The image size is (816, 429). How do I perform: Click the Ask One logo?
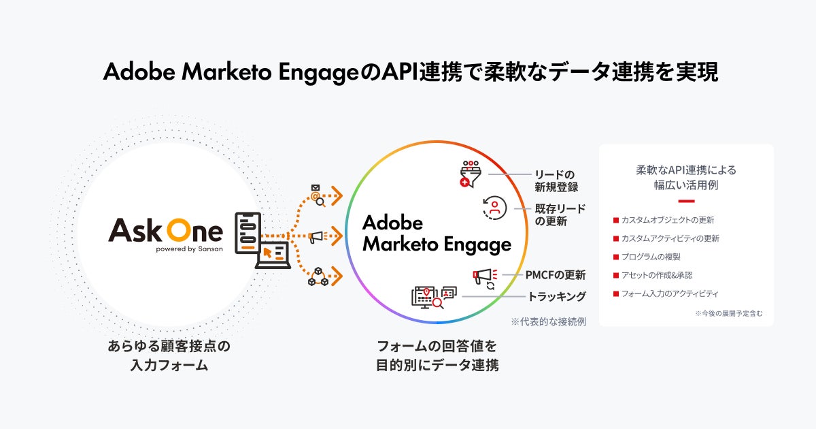165,232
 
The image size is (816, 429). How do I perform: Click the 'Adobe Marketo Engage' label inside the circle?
436,234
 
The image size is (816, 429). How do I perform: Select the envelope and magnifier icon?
316,195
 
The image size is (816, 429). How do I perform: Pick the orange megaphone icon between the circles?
316,237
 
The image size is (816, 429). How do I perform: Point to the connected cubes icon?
316,276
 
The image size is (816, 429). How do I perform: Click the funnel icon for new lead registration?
471,174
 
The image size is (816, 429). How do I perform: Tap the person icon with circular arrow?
495,208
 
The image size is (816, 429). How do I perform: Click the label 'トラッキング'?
557,297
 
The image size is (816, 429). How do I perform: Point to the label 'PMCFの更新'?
555,275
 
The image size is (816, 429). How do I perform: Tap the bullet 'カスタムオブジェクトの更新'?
667,220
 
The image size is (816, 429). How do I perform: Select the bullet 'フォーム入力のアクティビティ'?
669,293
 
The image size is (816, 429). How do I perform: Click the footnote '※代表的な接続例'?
549,321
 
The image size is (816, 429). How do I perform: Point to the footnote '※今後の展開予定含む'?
728,314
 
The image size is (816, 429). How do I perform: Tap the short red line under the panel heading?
686,201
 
